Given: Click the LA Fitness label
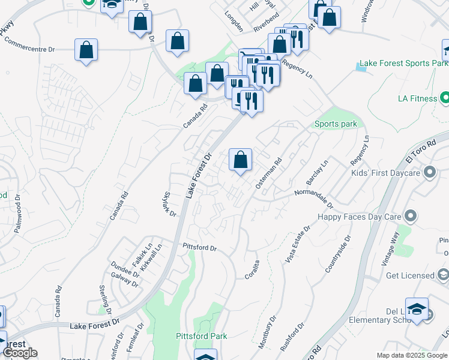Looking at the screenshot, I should (x=417, y=98).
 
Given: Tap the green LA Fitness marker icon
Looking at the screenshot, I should (x=444, y=97).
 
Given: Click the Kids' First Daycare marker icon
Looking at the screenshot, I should (x=429, y=173).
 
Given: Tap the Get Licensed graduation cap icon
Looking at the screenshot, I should (x=443, y=275).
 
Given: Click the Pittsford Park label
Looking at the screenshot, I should (x=202, y=336).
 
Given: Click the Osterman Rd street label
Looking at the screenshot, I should (x=268, y=174).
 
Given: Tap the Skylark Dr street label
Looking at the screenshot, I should (x=169, y=204).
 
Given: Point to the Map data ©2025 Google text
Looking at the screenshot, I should (x=411, y=355).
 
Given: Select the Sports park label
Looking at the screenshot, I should (x=336, y=124).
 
